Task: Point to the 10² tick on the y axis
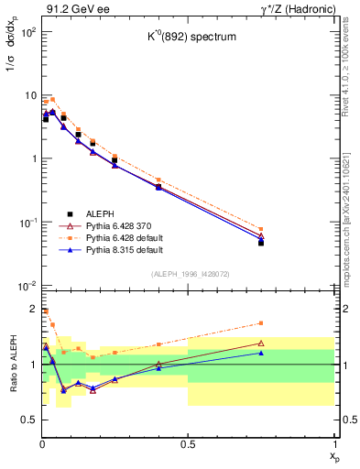pos(27,32)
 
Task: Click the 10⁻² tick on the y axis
pos(27,286)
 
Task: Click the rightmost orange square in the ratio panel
pos(261,322)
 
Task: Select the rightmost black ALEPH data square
pos(261,243)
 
